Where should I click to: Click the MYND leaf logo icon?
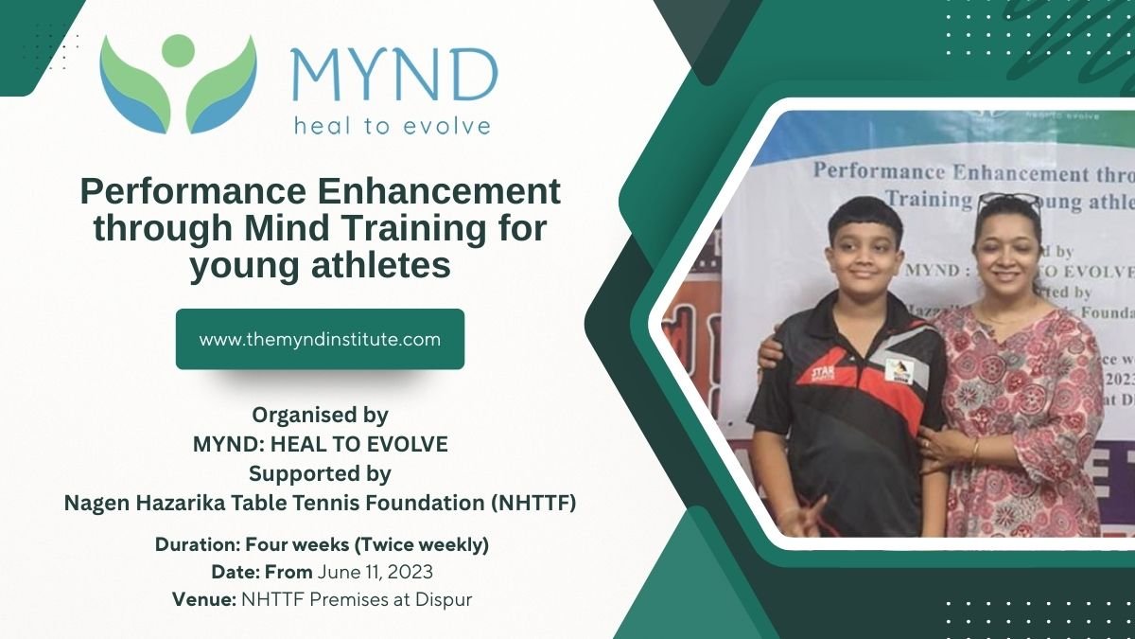click(178, 83)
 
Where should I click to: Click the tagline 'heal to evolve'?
click(392, 126)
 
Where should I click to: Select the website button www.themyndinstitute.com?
click(320, 339)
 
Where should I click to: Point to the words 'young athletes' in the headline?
click(320, 267)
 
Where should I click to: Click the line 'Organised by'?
click(320, 415)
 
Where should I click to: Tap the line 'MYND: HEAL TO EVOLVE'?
click(320, 444)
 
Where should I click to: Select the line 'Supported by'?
click(320, 473)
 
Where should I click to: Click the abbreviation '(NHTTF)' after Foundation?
click(533, 504)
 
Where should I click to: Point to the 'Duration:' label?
click(198, 545)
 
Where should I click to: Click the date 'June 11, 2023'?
click(375, 572)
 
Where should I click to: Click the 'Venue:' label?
click(204, 599)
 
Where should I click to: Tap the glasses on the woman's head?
click(1009, 202)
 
